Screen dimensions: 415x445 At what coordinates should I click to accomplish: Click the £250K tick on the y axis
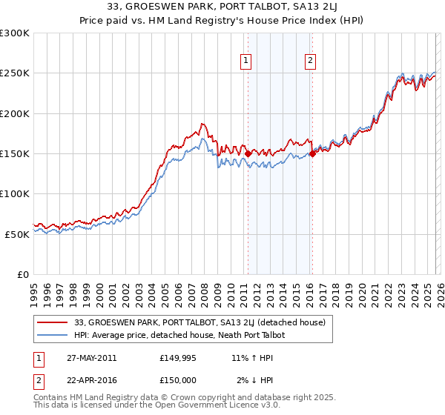click(x=15, y=73)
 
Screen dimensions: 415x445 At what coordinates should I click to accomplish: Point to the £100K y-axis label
click(x=15, y=193)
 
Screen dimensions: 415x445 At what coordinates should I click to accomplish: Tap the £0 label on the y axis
click(x=22, y=274)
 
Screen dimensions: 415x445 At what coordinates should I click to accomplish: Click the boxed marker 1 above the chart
click(x=246, y=62)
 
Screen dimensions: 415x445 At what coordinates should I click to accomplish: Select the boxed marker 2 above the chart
click(x=309, y=62)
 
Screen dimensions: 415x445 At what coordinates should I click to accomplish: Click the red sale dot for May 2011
click(x=248, y=153)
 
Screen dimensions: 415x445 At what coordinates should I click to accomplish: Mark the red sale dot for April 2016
click(x=312, y=153)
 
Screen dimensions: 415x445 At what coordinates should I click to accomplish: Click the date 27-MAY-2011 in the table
click(x=91, y=358)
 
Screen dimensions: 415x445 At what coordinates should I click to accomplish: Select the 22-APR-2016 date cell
click(x=91, y=380)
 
